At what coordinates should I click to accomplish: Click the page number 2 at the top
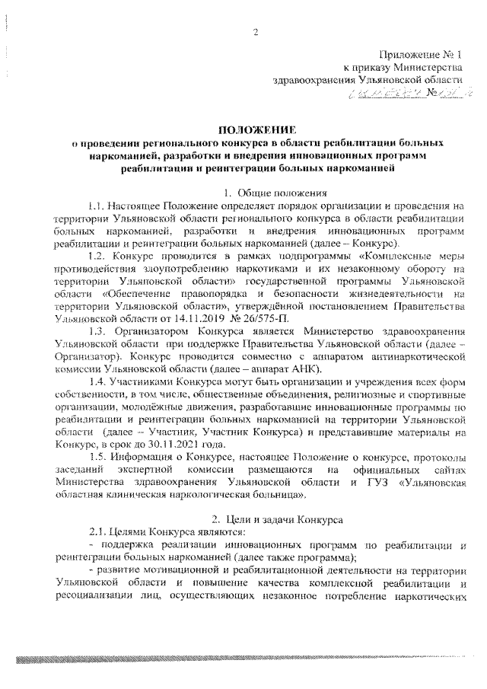click(x=256, y=31)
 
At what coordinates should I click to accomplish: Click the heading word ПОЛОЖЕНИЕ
click(x=256, y=130)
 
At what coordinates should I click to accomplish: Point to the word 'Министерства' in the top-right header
click(x=428, y=68)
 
